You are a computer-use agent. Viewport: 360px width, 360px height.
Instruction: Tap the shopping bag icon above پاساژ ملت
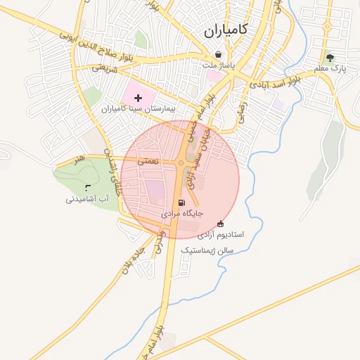coord(218,54)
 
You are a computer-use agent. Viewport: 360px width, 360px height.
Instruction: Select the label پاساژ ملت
coord(218,65)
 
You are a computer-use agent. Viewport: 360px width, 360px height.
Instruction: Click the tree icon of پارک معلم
coord(330,58)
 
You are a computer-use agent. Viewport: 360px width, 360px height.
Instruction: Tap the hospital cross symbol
coord(137,97)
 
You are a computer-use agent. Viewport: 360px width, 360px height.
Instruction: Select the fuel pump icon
coord(182,202)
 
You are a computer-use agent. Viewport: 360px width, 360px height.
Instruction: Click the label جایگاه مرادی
coord(182,213)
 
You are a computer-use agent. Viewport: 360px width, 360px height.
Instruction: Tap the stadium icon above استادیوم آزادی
coord(221,224)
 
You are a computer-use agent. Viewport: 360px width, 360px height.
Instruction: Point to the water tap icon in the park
coord(87,187)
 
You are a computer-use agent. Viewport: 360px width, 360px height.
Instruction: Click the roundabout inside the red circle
coord(181,164)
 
